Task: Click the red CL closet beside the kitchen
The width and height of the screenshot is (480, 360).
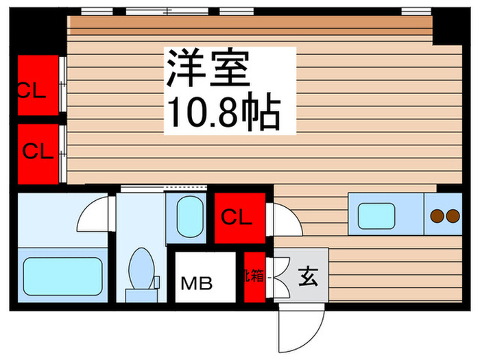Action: click(239, 218)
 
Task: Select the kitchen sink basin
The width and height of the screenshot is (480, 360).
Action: click(376, 217)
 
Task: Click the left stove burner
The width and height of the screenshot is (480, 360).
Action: click(437, 217)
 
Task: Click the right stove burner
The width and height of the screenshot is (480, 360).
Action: click(453, 217)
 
